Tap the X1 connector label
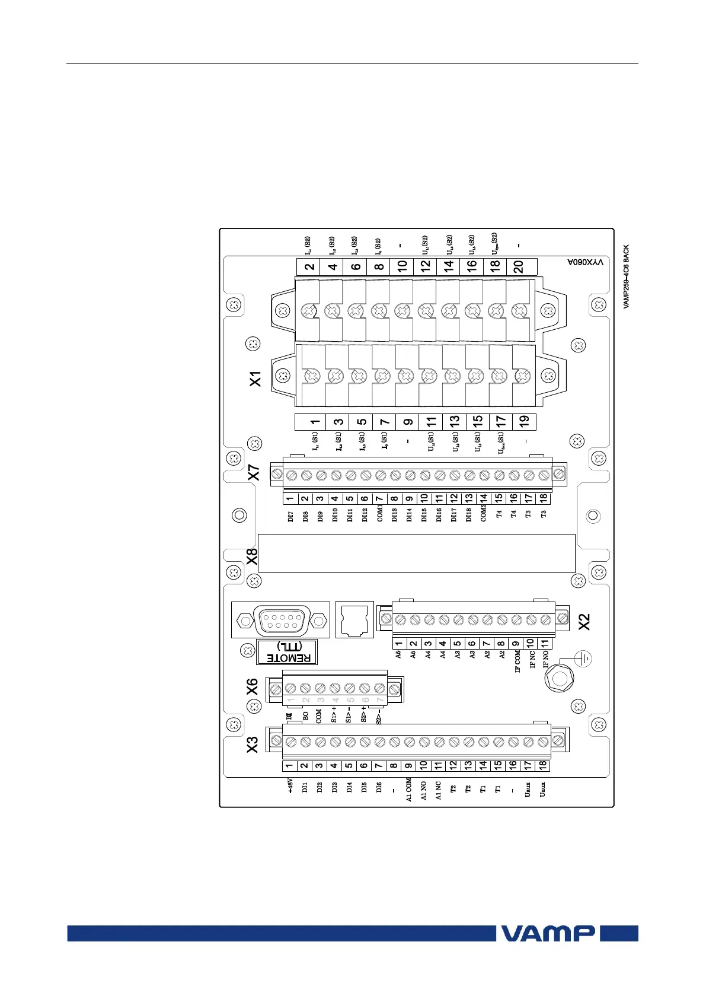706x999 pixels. point(255,378)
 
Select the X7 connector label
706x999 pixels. point(254,472)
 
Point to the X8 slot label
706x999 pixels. point(252,556)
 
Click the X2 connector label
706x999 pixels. point(584,622)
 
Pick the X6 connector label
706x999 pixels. point(253,687)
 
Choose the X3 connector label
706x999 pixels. point(253,745)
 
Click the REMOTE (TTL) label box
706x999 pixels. point(287,652)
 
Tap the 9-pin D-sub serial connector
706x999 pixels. point(281,621)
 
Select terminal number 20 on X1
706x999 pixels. point(519,267)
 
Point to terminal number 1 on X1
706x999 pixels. point(314,422)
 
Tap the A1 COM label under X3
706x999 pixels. point(408,790)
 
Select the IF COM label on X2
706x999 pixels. point(517,661)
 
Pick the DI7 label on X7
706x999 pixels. point(290,516)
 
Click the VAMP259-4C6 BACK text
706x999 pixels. point(626,277)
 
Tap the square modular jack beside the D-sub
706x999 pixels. point(354,619)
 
